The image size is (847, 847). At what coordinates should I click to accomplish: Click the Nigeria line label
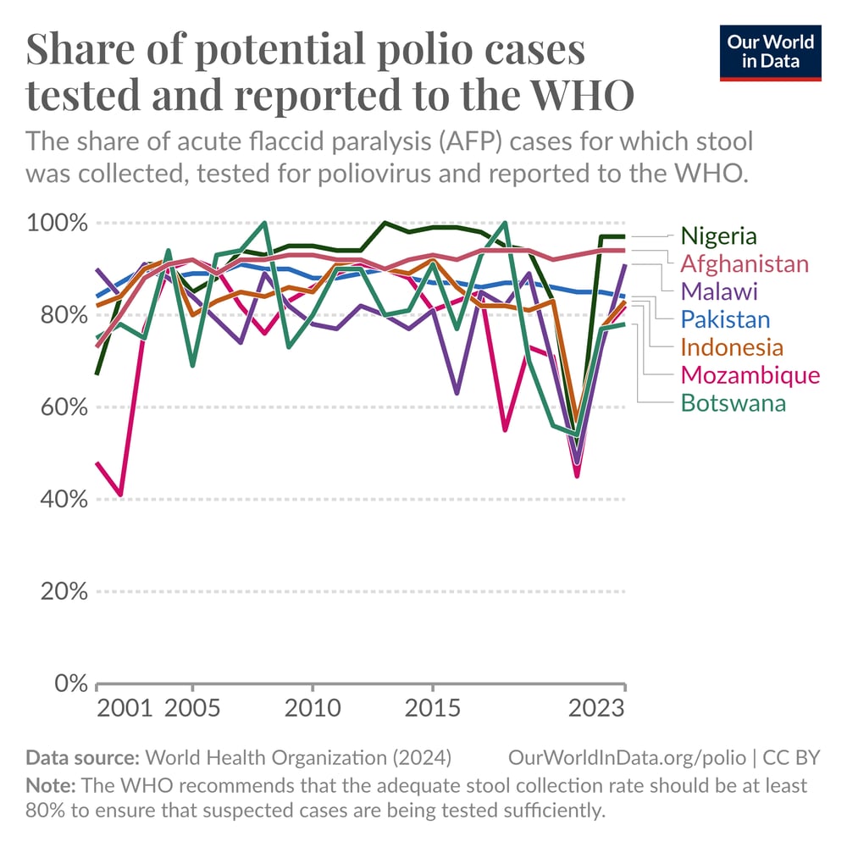click(719, 235)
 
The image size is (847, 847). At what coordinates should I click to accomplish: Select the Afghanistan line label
click(745, 263)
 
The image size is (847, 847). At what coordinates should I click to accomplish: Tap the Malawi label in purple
click(718, 291)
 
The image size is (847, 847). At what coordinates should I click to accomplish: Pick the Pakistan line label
click(725, 319)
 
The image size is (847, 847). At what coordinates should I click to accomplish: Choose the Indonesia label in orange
click(732, 347)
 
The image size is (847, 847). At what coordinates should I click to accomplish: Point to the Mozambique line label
click(750, 375)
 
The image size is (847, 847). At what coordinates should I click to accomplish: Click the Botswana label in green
click(733, 403)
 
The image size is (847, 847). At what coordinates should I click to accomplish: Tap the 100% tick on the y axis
click(55, 224)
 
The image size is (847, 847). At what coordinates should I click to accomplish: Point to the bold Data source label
click(83, 756)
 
